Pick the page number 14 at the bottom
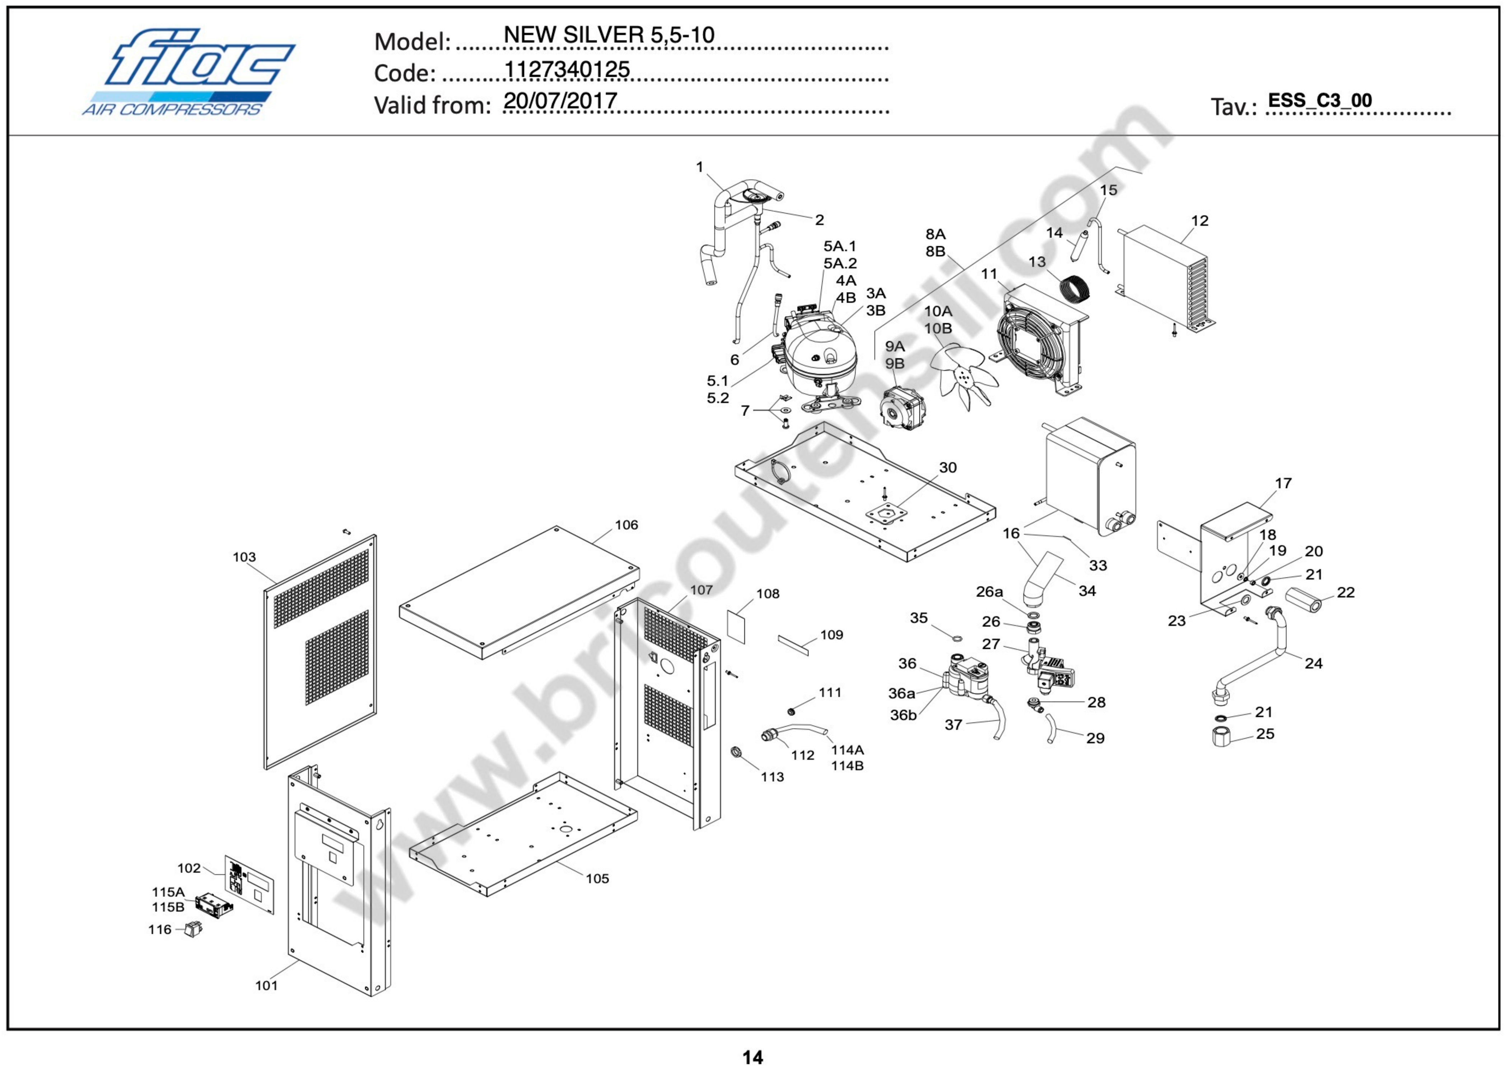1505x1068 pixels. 752,1057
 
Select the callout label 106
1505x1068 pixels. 626,525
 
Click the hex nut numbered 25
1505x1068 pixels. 1221,736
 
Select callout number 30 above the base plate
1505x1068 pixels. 947,468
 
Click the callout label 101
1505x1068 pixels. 266,985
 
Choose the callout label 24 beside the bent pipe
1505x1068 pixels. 1313,663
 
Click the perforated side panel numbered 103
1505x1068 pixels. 321,651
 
